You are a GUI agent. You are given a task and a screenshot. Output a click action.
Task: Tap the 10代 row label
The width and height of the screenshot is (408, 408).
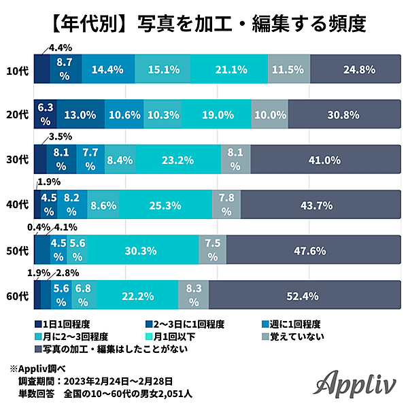click(x=17, y=70)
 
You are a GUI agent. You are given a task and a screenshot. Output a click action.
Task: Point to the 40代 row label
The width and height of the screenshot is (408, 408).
click(x=17, y=204)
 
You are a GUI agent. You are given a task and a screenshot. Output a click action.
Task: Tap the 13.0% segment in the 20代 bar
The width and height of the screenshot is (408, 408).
click(x=80, y=115)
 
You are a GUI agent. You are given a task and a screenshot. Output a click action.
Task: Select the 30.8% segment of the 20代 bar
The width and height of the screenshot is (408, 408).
click(x=343, y=115)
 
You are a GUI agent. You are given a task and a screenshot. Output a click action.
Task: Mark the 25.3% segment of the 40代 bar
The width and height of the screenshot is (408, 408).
click(x=166, y=204)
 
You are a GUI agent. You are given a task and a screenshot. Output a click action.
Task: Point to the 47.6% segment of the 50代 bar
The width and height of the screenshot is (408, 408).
click(x=312, y=250)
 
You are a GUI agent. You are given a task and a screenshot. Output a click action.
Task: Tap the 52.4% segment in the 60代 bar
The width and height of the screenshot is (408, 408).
click(x=303, y=294)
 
